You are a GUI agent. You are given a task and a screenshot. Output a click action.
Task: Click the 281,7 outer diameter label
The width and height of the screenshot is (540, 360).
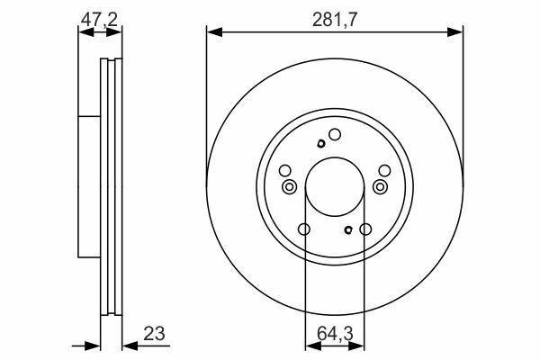point(335,20)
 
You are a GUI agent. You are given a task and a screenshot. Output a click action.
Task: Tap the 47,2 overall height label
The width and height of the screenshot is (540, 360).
point(99,19)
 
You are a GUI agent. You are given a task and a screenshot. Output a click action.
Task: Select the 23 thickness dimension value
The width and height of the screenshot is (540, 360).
point(154,333)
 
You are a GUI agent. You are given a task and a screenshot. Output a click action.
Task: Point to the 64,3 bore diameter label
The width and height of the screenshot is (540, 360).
point(335,334)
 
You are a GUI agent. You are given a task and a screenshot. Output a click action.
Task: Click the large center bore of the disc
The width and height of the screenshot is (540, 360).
point(335,187)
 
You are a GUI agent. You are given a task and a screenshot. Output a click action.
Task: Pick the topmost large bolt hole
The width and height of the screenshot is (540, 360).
point(335,135)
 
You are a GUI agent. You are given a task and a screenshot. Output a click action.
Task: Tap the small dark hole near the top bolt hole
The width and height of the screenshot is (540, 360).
point(321,143)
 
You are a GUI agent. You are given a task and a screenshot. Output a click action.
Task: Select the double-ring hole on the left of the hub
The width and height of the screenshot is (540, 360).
point(289,187)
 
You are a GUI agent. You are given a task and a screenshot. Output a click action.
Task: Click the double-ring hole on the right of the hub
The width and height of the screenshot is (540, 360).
point(380,187)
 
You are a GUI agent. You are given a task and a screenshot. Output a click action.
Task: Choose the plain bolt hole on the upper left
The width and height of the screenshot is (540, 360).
point(284,170)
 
